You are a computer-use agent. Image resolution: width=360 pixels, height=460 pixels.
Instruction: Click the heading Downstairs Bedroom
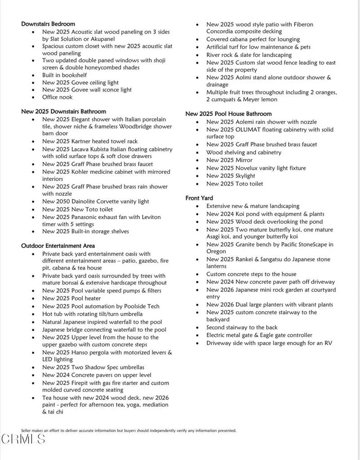tap(48, 24)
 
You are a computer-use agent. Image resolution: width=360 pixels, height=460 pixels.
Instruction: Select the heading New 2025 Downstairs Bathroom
tap(63, 111)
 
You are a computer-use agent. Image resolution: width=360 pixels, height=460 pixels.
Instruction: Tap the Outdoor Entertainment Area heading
tap(58, 246)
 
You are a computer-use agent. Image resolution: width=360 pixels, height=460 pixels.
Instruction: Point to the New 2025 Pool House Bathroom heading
tap(228, 114)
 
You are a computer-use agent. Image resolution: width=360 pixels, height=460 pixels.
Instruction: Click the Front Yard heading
tap(199, 198)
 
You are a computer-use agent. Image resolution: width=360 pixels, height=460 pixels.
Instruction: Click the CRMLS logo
tap(23, 439)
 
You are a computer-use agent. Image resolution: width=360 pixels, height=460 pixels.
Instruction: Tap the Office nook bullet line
tap(58, 97)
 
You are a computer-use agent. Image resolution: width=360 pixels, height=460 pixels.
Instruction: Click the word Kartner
tap(81, 142)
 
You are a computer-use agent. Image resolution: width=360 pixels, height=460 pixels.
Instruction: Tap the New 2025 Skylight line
tap(231, 176)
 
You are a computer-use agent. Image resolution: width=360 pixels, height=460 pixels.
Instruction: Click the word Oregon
tap(216, 252)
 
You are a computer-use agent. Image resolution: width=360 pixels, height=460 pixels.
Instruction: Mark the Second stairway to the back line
tap(242, 327)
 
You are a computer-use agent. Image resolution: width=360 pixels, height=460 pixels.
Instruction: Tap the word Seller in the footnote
tap(26, 430)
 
